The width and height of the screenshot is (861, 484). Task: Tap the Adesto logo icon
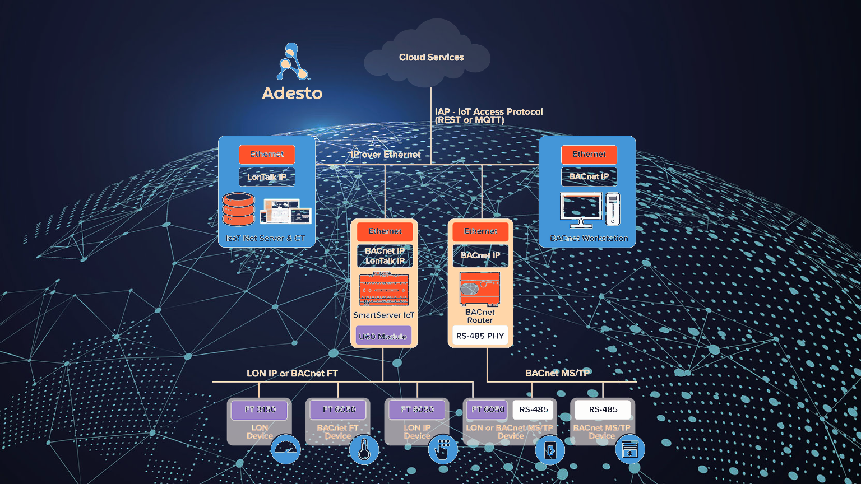click(292, 62)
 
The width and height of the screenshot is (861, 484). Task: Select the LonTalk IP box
click(267, 177)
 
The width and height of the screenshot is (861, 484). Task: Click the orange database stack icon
click(238, 209)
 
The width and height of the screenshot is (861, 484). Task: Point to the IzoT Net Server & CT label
click(265, 238)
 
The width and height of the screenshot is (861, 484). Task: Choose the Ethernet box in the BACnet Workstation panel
click(589, 154)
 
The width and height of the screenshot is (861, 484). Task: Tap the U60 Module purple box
click(383, 336)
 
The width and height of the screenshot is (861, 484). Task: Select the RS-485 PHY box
click(480, 336)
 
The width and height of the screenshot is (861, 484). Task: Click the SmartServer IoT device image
click(384, 289)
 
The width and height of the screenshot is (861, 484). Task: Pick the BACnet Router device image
click(480, 289)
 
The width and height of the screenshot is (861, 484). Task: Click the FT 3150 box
click(260, 409)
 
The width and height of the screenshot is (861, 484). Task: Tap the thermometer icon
click(364, 449)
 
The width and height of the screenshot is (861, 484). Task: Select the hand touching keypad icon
click(443, 449)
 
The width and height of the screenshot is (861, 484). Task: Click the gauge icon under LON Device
click(286, 449)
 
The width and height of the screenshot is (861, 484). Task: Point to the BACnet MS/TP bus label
click(557, 373)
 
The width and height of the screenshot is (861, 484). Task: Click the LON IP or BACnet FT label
click(292, 373)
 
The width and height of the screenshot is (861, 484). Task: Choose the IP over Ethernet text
click(386, 155)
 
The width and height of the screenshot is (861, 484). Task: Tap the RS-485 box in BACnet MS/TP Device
click(603, 409)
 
